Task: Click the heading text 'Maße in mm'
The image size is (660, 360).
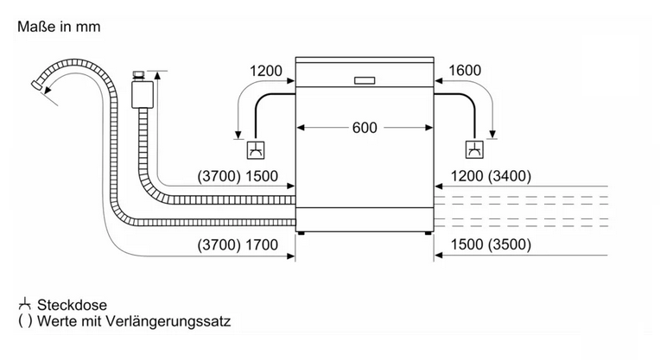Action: pyautogui.click(x=59, y=27)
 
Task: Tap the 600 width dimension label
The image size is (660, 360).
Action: pyautogui.click(x=365, y=128)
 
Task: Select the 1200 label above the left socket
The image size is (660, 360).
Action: pyautogui.click(x=266, y=71)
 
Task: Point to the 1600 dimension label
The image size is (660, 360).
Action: pyautogui.click(x=465, y=70)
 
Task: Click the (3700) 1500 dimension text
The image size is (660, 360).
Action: pyautogui.click(x=238, y=176)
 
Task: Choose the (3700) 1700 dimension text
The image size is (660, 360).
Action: pyautogui.click(x=238, y=245)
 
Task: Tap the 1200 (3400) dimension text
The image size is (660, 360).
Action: pyautogui.click(x=491, y=176)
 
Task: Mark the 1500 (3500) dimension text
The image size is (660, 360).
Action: pyautogui.click(x=491, y=244)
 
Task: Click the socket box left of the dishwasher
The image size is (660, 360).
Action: pyautogui.click(x=256, y=150)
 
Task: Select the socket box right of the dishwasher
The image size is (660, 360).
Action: pyautogui.click(x=474, y=149)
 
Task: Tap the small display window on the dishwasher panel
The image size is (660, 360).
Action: pyautogui.click(x=365, y=80)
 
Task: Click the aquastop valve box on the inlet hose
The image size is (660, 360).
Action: pyautogui.click(x=143, y=95)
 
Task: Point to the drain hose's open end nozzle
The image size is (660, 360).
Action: pyautogui.click(x=37, y=85)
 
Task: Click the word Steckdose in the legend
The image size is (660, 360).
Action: pyautogui.click(x=72, y=305)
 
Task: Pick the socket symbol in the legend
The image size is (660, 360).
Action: pyautogui.click(x=25, y=304)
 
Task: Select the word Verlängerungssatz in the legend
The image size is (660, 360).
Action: pyautogui.click(x=168, y=322)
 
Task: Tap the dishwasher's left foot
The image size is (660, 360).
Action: pyautogui.click(x=301, y=233)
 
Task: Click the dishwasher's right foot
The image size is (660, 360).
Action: pyautogui.click(x=428, y=233)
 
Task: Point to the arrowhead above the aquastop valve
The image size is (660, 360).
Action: pyautogui.click(x=157, y=76)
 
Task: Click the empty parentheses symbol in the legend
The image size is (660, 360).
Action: pyautogui.click(x=25, y=321)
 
